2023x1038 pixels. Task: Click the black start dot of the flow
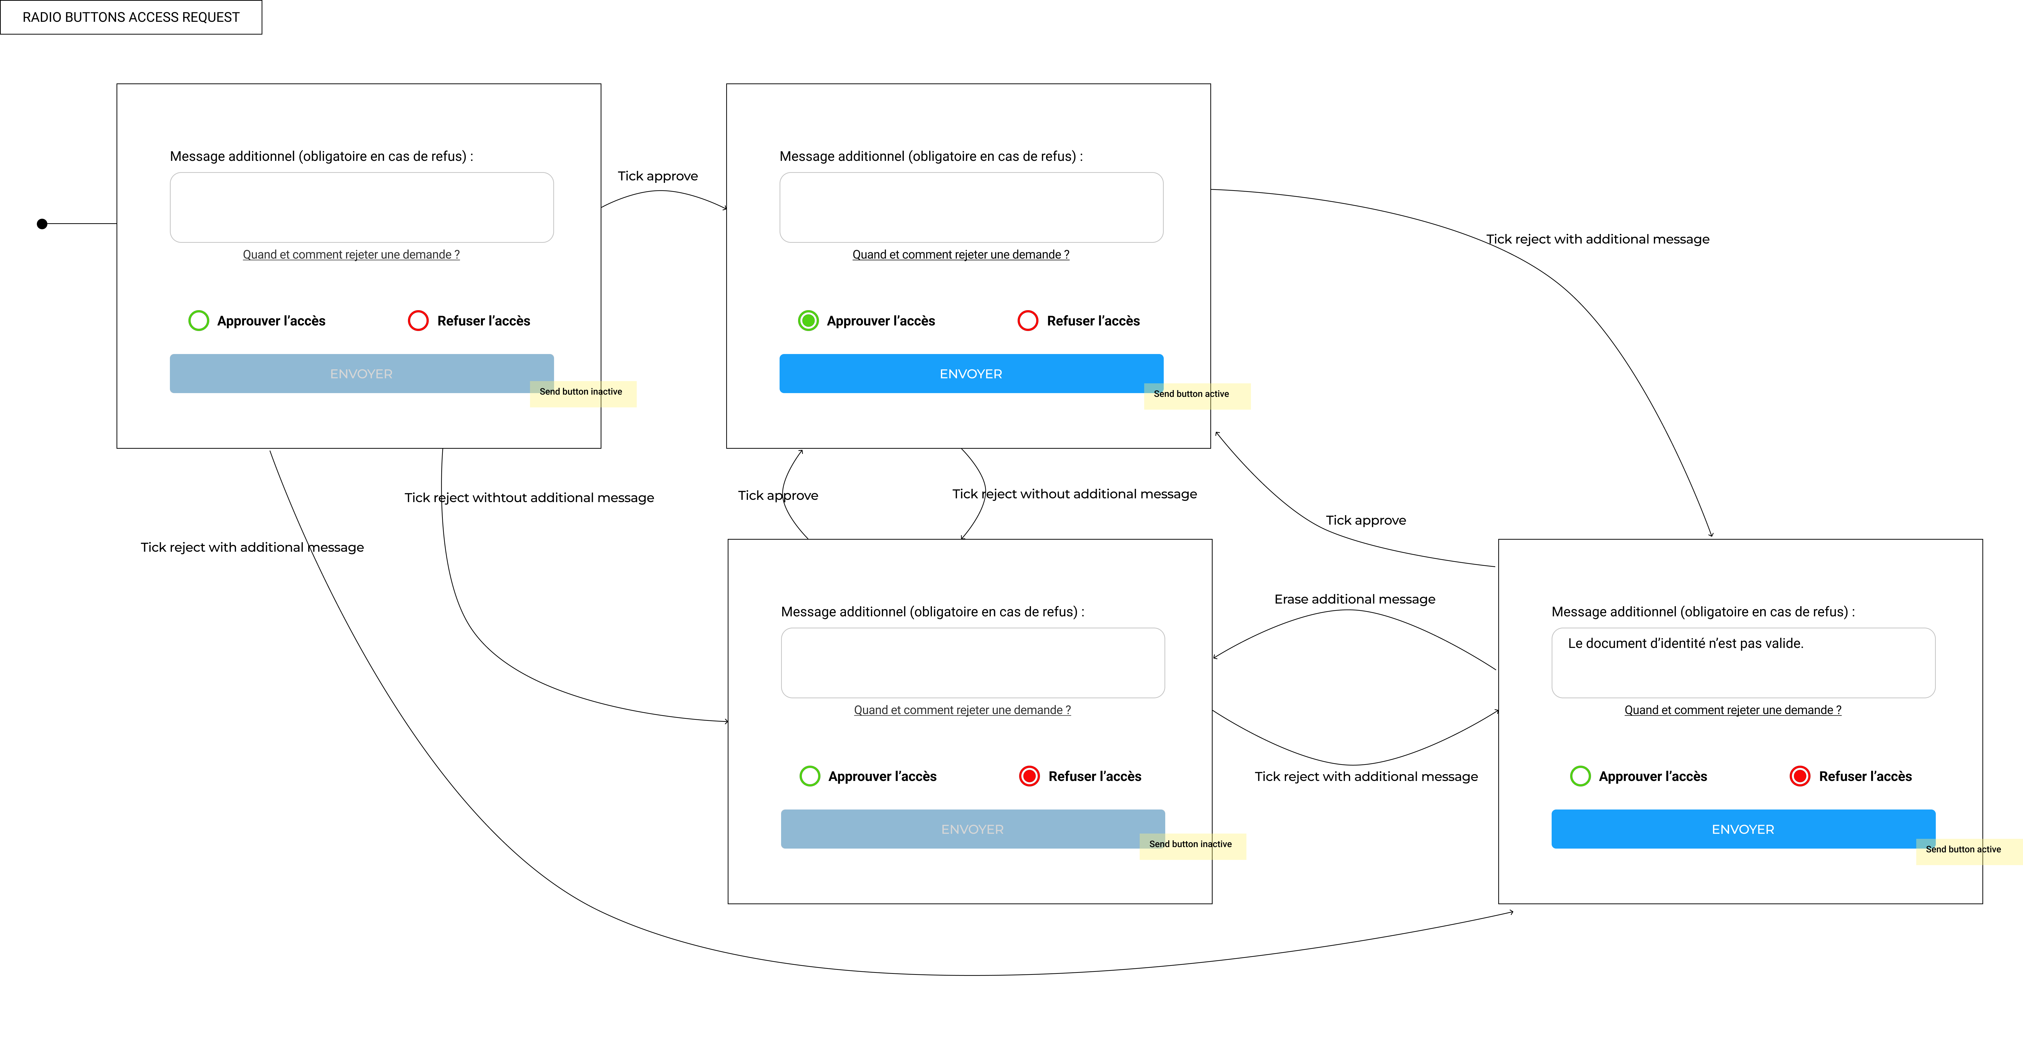tap(42, 224)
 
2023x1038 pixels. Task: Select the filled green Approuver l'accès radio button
tap(808, 320)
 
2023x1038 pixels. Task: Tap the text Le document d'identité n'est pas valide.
tap(1685, 643)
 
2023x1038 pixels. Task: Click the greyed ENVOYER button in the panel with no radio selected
tap(361, 374)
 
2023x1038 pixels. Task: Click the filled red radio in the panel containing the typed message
tap(1800, 776)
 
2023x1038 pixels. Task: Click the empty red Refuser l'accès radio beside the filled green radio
tap(1028, 320)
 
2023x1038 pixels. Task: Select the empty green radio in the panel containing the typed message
tap(1580, 776)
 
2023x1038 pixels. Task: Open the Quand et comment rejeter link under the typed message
tap(1732, 710)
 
